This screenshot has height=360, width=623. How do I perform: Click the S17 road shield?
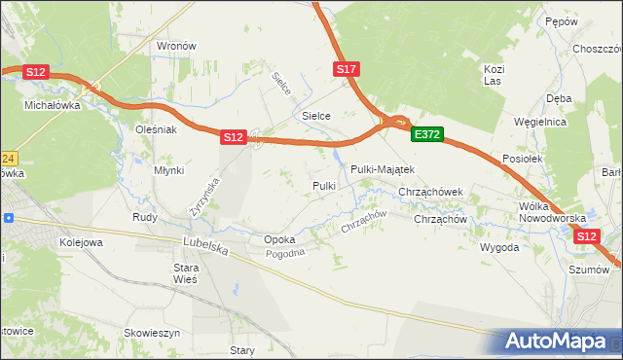(x=348, y=69)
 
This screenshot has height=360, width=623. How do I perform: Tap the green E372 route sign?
(x=426, y=135)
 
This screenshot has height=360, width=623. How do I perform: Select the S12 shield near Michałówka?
(x=36, y=71)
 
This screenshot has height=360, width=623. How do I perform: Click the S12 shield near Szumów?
(x=586, y=235)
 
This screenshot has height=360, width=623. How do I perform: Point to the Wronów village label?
(x=176, y=46)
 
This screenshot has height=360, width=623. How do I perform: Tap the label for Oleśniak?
(x=155, y=128)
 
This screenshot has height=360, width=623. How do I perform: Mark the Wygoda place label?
(x=499, y=247)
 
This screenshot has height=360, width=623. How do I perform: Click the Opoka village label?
(x=279, y=239)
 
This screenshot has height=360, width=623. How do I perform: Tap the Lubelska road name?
(x=205, y=248)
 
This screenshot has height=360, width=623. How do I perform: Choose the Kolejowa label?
(x=82, y=241)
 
